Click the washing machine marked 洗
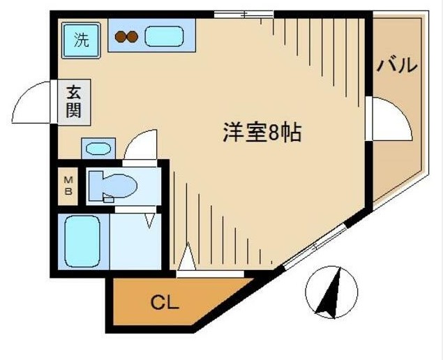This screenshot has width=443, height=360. (82, 40)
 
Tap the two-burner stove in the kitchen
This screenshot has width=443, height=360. (128, 38)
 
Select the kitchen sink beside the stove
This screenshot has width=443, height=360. (164, 36)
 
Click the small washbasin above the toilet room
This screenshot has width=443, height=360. (97, 148)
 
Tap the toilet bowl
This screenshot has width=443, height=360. (116, 186)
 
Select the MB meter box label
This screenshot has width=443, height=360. (68, 186)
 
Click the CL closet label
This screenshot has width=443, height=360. (166, 303)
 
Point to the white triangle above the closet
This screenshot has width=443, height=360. (186, 257)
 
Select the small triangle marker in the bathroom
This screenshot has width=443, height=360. (149, 221)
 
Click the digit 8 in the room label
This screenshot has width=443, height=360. (273, 133)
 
